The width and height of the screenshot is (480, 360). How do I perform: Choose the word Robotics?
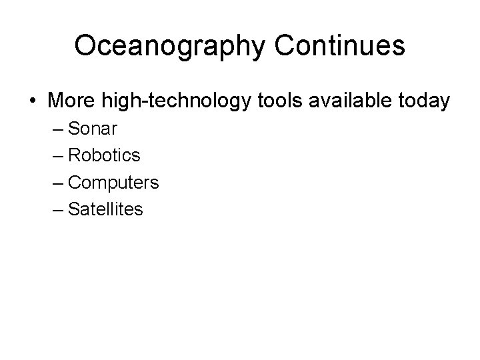point(104,155)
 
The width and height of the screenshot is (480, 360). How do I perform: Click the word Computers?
point(113,183)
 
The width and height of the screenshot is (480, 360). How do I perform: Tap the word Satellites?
point(105,209)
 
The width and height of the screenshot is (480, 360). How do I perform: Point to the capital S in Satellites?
point(73,209)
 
